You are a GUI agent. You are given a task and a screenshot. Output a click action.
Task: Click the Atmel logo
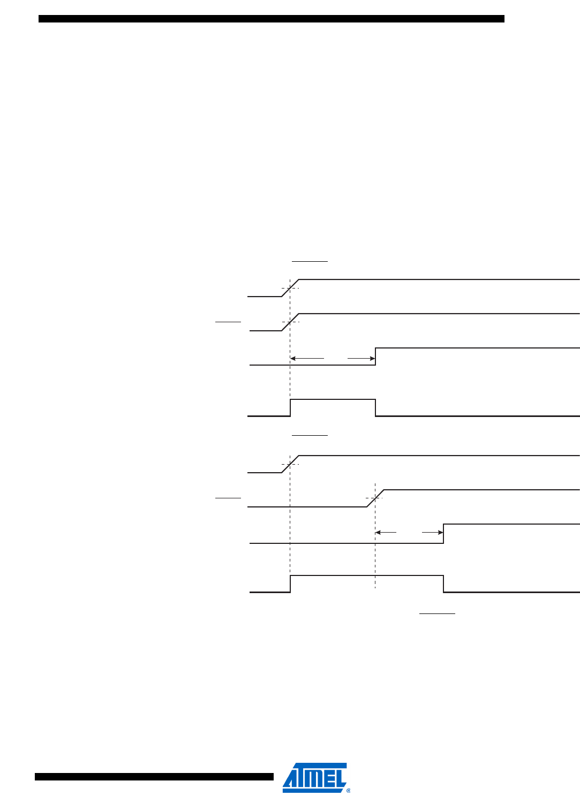pos(314,777)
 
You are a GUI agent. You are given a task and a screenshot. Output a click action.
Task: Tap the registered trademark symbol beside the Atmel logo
pos(349,790)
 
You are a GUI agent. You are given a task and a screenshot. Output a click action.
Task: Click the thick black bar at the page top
pos(271,19)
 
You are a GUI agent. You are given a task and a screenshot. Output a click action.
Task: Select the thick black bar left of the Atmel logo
pos(154,777)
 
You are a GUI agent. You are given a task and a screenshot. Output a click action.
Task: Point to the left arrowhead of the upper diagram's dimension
pos(292,358)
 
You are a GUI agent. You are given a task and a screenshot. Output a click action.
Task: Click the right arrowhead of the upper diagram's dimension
pos(372,358)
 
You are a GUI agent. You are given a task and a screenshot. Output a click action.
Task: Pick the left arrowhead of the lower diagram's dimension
pos(378,533)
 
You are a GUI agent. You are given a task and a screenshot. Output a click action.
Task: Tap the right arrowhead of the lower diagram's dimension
pos(440,533)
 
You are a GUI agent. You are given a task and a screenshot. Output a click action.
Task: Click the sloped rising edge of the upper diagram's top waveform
pos(290,288)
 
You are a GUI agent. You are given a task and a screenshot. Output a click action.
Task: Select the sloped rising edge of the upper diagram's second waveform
pos(290,322)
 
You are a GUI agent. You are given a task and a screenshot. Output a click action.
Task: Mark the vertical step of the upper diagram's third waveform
pos(375,357)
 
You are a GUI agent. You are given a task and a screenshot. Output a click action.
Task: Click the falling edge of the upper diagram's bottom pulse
pos(375,407)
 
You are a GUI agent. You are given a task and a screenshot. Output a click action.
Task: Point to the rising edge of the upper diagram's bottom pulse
pos(290,407)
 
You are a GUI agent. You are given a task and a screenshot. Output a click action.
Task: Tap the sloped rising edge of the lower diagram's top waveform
pos(290,464)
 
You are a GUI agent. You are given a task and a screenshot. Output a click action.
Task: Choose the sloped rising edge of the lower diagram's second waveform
pos(375,498)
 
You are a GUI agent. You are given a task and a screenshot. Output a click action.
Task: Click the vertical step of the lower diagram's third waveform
pos(443,534)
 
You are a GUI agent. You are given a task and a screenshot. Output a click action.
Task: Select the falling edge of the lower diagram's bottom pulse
pos(443,583)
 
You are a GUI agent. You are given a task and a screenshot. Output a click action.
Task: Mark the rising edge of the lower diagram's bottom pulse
pos(290,583)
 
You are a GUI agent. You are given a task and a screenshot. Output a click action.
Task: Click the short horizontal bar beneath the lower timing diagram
pos(437,613)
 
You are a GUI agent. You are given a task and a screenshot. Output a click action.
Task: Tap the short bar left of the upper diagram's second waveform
pos(228,322)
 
